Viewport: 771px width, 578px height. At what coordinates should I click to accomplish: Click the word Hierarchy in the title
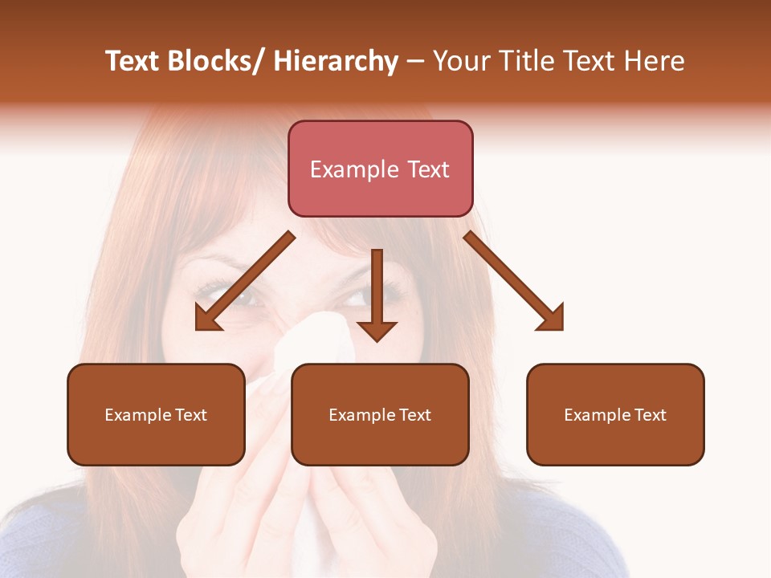point(336,61)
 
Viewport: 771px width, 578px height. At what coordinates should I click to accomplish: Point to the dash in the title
point(415,63)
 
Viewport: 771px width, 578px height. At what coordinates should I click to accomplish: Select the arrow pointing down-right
point(514,281)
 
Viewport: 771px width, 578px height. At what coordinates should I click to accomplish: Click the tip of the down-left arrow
point(198,328)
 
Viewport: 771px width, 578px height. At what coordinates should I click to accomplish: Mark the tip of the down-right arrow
point(561,328)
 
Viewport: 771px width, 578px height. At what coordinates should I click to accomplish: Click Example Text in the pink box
point(380,169)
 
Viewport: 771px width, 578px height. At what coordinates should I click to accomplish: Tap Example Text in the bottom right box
point(615,415)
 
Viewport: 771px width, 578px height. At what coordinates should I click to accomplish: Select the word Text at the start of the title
point(133,61)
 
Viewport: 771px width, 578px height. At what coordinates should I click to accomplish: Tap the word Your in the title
point(460,61)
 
